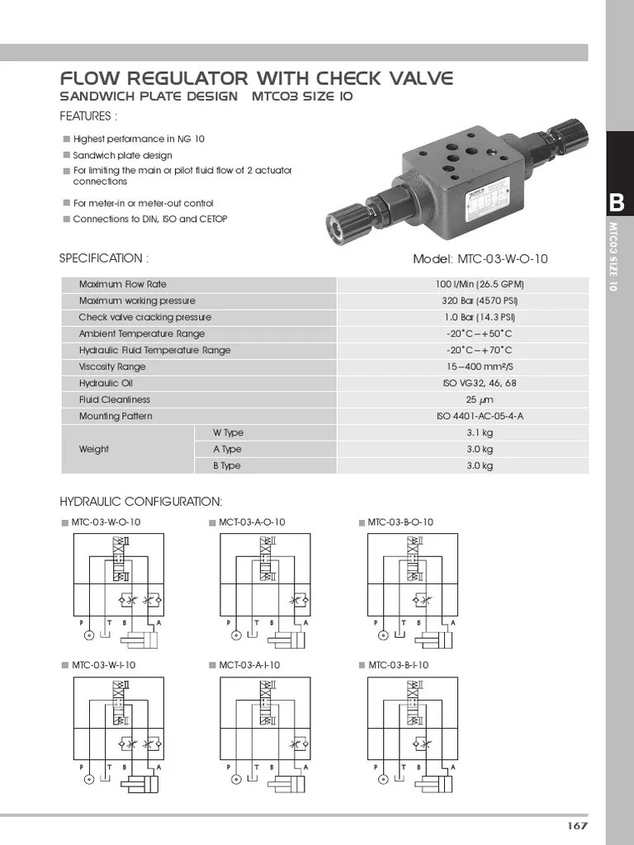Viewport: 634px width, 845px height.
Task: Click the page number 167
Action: (576, 826)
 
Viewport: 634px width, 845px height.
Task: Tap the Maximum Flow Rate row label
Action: (122, 285)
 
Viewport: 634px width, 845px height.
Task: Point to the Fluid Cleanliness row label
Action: (115, 400)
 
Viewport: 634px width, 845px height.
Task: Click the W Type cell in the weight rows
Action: (229, 433)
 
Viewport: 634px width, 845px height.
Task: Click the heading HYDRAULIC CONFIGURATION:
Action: (140, 502)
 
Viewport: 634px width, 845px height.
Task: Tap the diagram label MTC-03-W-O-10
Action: (106, 522)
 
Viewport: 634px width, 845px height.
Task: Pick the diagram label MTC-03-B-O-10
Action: (400, 522)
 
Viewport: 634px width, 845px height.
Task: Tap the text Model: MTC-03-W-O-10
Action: (480, 259)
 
